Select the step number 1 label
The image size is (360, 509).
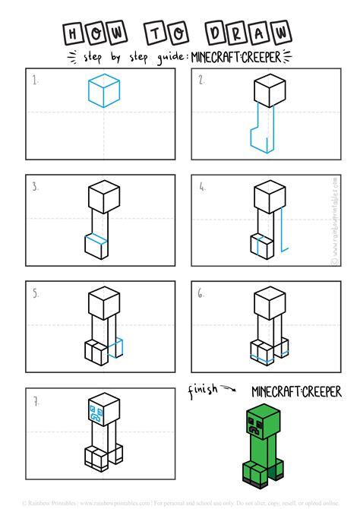(x=35, y=79)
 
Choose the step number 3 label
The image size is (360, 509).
(x=35, y=185)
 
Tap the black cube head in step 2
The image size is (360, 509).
(x=270, y=93)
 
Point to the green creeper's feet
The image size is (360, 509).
(x=263, y=480)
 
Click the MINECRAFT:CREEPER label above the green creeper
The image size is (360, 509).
(x=296, y=391)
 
